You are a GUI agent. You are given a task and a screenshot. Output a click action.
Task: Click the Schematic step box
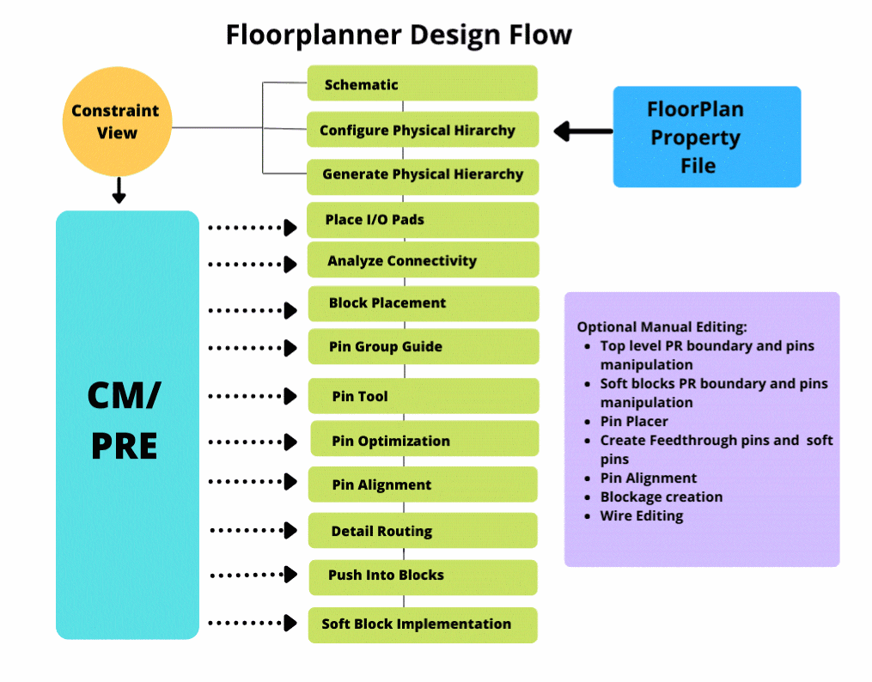coord(422,84)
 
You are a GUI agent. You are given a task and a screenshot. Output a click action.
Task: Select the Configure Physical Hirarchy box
coord(422,131)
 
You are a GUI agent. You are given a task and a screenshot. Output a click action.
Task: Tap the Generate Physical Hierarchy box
coord(422,174)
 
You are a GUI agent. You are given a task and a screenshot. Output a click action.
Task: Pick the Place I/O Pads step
coord(422,220)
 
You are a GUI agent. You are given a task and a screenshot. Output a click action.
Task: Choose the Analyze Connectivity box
coord(422,260)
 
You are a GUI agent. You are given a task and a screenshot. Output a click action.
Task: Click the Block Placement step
coord(422,303)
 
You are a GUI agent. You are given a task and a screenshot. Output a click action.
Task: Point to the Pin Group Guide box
coord(422,347)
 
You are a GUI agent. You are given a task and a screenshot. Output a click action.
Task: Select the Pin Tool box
coord(422,396)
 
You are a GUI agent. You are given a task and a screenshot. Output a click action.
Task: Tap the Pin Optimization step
coord(424,441)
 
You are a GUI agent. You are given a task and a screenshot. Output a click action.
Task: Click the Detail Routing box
coord(422,531)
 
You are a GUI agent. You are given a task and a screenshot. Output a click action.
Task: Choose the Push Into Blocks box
coord(422,575)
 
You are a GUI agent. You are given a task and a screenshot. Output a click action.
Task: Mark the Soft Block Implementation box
coord(422,624)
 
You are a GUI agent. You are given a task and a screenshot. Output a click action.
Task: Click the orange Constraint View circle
coord(116,122)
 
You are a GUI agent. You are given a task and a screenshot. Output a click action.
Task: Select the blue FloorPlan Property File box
coord(706,137)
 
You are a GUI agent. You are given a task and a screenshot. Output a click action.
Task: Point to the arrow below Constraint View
coord(119,190)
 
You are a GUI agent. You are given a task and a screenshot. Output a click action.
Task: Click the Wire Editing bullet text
coord(642,516)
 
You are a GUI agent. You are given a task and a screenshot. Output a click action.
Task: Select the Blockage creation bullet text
coord(661,497)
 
